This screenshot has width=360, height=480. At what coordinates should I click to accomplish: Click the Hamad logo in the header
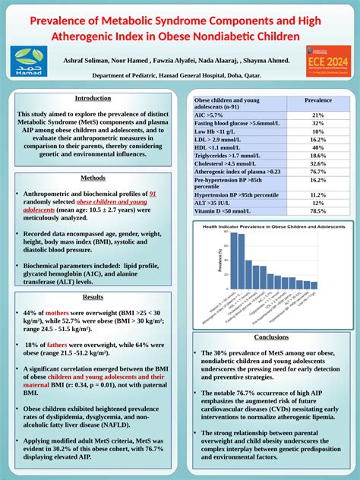point(29,61)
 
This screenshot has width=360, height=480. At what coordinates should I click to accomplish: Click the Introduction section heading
point(93,99)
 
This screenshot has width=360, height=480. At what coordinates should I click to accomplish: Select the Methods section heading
point(93,178)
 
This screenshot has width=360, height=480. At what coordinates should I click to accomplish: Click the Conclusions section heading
point(271,336)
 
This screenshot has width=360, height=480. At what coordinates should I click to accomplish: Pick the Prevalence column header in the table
point(317,100)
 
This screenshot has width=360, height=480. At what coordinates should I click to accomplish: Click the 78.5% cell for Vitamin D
point(317,210)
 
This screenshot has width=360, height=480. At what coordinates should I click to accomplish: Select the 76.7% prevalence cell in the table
point(317,172)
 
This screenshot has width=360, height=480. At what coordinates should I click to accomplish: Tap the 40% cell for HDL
point(317,147)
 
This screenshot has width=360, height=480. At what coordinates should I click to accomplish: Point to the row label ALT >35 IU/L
point(214,203)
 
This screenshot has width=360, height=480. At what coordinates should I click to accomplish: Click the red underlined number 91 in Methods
point(153,194)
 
